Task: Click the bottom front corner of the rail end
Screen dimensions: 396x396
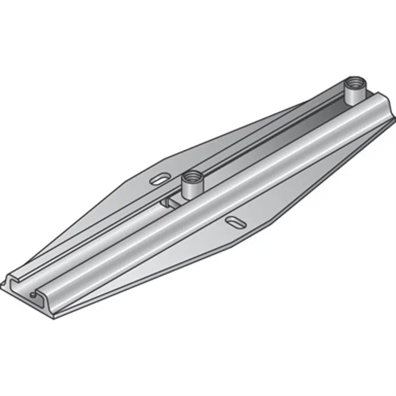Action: click(x=56, y=317)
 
